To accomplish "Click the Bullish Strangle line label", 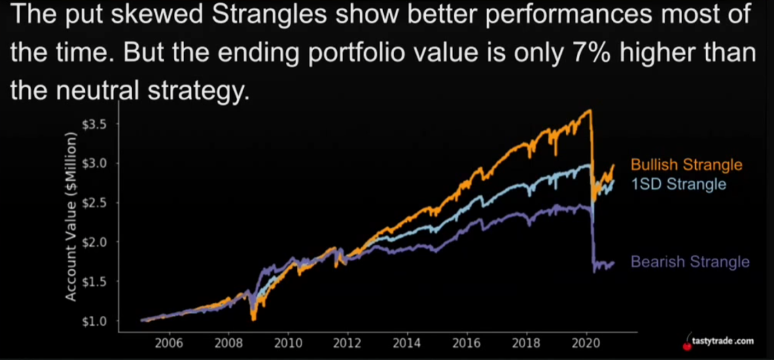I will coord(687,164).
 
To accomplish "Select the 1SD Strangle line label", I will coord(678,184).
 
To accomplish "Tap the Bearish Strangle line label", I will coord(690,262).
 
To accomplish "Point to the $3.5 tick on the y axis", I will coord(93,123).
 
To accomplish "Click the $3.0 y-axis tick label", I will coord(93,163).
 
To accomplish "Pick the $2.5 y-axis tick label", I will coord(93,202).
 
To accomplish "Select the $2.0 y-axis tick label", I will coord(93,241).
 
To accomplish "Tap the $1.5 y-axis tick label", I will coord(93,281).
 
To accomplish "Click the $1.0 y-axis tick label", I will coord(93,320).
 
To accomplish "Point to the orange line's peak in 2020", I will coord(590,110).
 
